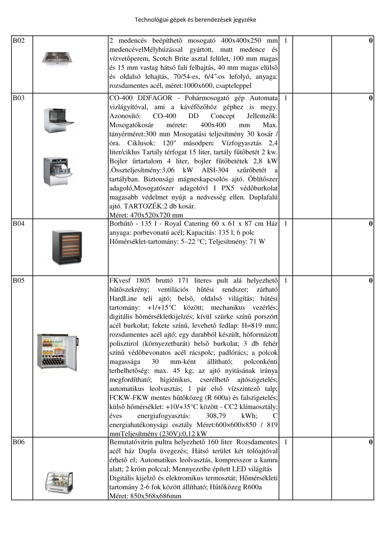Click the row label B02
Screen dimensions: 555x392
tap(18, 40)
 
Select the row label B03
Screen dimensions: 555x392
tap(18, 98)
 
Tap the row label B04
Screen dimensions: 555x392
tap(18, 224)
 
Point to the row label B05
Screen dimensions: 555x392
tap(18, 280)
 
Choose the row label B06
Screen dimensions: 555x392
tap(18, 442)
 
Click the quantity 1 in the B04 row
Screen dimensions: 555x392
tap(285, 224)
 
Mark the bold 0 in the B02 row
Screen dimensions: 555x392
tap(371, 40)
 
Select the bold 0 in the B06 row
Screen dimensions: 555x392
tap(371, 442)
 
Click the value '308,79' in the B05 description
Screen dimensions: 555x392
tap(215, 416)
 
